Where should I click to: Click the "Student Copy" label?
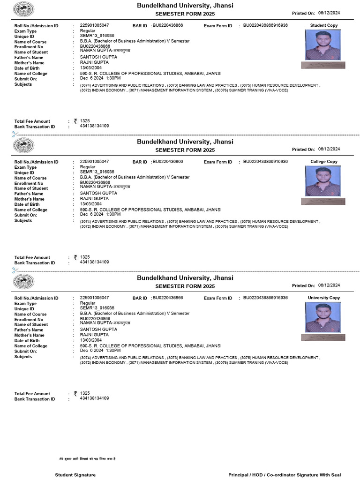pos(323,25)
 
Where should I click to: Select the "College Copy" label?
pos(323,162)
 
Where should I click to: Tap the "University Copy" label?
pos(323,298)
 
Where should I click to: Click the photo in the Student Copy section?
pos(323,45)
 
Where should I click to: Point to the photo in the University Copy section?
pos(323,317)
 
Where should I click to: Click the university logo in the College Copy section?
pos(23,145)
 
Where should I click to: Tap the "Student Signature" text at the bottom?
pos(75,475)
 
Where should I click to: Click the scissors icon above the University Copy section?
pos(15,270)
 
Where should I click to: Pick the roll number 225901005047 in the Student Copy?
pos(94,25)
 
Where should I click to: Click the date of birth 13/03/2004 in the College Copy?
pos(91,204)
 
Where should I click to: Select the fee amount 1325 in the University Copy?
pos(85,393)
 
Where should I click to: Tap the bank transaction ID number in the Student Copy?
pos(94,126)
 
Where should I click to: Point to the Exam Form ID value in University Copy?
pos(265,298)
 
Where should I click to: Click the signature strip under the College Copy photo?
pos(323,201)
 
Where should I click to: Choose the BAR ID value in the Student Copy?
pos(168,25)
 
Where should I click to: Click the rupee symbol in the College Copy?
pos(75,257)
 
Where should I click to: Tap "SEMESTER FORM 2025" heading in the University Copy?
pos(185,286)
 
